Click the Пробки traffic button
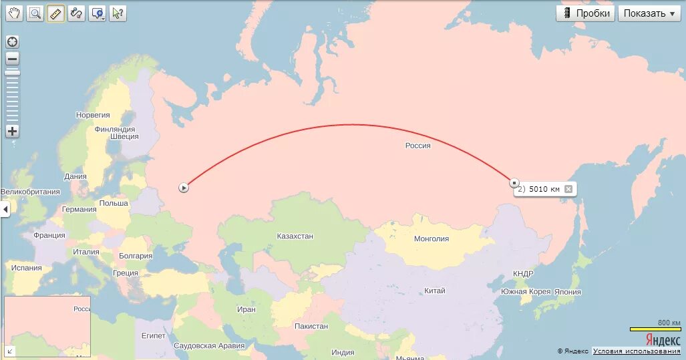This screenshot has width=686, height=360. tap(585, 13)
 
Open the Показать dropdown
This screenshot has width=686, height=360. tap(649, 13)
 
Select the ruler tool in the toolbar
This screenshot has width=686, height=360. tap(55, 13)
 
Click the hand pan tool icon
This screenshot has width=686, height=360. tap(14, 13)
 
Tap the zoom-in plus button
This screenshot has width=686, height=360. tap(12, 131)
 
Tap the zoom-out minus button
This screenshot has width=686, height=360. tap(12, 59)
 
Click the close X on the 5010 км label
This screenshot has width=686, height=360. tap(568, 189)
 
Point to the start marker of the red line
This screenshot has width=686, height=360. tap(184, 188)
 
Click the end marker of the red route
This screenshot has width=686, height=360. tap(514, 182)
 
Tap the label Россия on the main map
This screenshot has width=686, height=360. tap(417, 146)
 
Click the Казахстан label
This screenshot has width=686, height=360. tap(295, 236)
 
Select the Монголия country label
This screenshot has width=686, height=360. tap(432, 238)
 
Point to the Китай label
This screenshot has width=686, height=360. tap(434, 291)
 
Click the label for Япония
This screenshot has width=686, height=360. tap(567, 292)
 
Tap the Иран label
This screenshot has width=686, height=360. tap(246, 309)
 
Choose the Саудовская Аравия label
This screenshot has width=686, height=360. tap(208, 346)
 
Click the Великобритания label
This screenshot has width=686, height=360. tap(30, 192)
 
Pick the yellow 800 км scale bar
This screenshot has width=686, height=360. tap(655, 329)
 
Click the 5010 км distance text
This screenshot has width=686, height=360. tap(544, 189)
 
